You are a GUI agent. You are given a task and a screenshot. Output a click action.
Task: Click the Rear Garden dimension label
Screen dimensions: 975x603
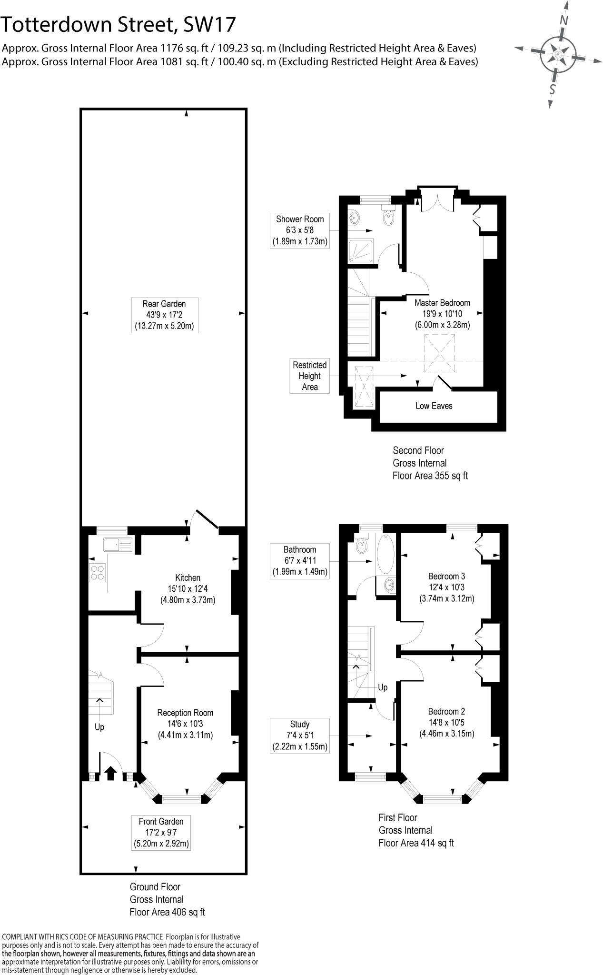point(164,315)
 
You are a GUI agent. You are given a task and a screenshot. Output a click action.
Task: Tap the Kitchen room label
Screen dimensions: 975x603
point(188,588)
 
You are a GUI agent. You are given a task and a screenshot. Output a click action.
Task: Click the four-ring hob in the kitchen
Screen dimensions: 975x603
point(98,572)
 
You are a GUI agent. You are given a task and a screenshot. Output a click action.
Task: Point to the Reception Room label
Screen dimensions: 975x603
point(185,723)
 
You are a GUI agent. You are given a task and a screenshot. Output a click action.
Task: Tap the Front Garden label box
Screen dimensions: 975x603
point(161,833)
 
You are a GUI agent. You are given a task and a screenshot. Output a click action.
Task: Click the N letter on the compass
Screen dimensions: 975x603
point(564,20)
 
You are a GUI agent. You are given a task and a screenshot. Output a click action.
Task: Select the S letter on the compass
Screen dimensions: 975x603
point(553,89)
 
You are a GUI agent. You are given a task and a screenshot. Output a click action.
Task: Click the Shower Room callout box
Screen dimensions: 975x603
point(300,230)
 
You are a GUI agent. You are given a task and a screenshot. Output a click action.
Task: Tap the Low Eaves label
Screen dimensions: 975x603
point(434,406)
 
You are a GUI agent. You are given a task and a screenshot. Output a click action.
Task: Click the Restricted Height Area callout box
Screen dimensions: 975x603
point(309,376)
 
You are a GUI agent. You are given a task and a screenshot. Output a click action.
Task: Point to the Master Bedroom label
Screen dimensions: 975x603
point(442,314)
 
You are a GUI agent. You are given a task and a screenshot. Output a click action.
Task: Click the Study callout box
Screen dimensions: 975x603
point(300,736)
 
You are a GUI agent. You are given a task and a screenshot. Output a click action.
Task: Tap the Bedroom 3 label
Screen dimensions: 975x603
point(446,587)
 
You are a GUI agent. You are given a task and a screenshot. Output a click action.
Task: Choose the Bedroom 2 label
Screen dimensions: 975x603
point(446,722)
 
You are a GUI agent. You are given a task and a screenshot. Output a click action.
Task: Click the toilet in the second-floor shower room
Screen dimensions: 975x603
point(389,217)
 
